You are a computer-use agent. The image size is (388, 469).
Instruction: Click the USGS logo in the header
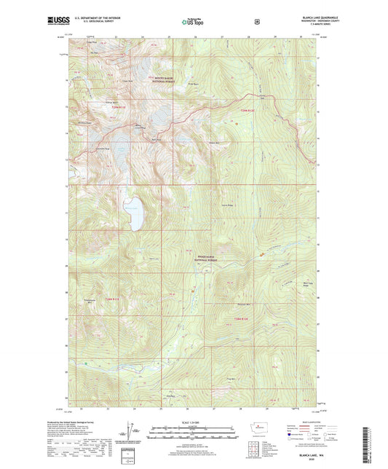tap(58, 21)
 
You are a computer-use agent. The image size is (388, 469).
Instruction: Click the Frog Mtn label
tap(231, 378)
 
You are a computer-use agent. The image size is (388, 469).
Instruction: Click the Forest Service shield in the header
tap(257, 22)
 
